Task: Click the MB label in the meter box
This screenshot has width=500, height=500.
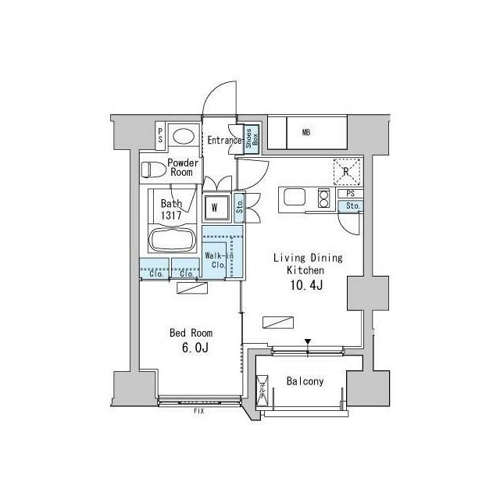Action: point(306,132)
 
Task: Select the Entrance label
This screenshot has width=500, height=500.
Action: point(224,141)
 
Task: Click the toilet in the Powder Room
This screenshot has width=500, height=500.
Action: point(153,170)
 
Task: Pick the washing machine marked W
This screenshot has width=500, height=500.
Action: point(216,208)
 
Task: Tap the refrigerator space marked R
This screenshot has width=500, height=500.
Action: point(347,172)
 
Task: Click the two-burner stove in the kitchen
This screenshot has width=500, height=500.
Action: point(323,198)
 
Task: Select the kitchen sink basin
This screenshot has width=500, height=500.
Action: point(295,198)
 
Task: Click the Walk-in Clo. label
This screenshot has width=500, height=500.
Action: point(219,260)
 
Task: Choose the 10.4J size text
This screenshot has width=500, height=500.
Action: point(306,285)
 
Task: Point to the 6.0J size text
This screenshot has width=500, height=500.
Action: point(195,348)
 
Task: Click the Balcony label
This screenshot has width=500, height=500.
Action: point(305,381)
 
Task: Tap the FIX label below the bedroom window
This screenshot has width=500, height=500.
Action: point(198,412)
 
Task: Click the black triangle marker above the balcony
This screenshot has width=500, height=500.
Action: point(308,341)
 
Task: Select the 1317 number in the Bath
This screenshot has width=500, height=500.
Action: point(171,216)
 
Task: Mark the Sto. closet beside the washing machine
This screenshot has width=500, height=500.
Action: point(240,206)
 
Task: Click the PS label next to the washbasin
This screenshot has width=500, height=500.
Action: point(160,135)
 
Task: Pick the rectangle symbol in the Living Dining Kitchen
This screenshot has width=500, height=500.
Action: point(278,323)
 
